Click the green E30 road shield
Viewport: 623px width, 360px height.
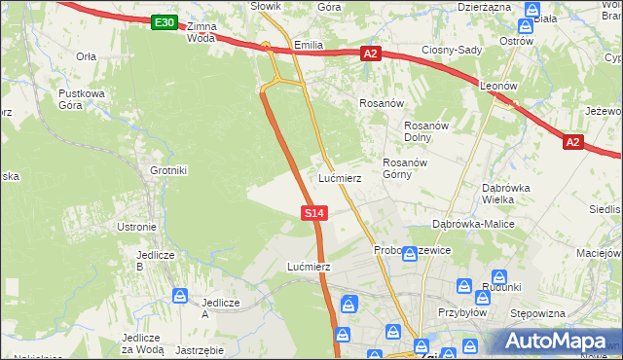coord(165,22)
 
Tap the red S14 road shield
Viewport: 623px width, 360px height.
coord(313,212)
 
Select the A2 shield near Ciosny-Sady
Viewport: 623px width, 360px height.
coord(370,54)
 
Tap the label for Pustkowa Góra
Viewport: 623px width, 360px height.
coord(81,99)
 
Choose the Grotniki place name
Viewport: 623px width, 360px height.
coord(167,171)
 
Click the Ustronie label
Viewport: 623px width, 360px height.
coord(136,227)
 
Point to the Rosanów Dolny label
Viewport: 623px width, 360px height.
coord(424,131)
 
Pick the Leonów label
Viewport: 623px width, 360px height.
coord(496,86)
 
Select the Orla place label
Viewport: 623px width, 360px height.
coord(86,56)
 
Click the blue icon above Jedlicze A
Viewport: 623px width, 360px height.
coord(180,295)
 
